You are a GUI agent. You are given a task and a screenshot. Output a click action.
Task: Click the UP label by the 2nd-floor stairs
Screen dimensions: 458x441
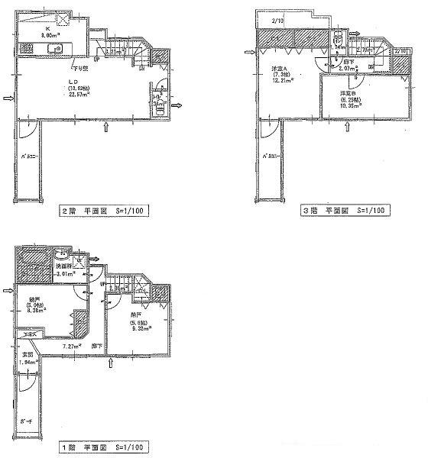pyautogui.click(x=97, y=58)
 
